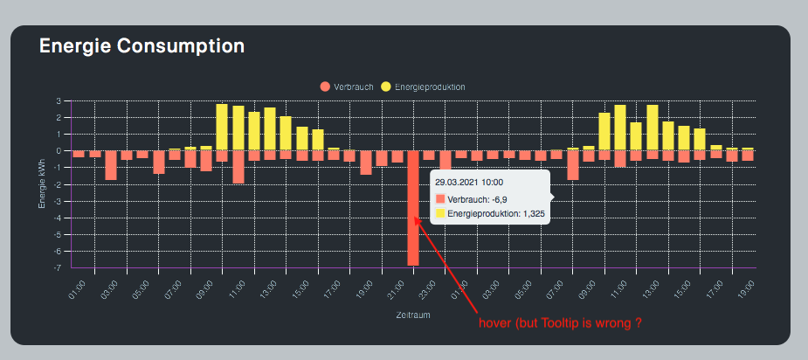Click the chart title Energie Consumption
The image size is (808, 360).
pos(142,45)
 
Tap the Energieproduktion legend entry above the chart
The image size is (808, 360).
pos(424,87)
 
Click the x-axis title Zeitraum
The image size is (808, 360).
pos(413,314)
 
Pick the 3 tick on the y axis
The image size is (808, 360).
pos(59,100)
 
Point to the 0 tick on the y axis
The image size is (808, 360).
pos(59,150)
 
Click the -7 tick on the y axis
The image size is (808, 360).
pos(57,267)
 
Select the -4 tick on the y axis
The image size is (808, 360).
pos(57,218)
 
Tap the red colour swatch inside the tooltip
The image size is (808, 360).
pos(440,200)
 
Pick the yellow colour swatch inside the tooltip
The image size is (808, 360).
pos(440,212)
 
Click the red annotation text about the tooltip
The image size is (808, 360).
pos(561,323)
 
